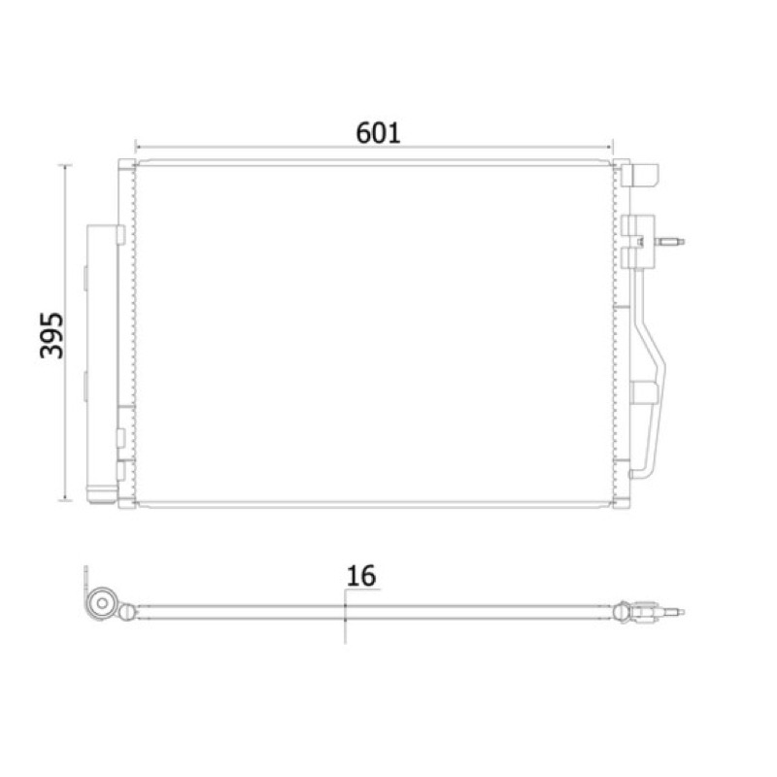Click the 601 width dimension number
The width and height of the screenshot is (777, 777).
tap(378, 133)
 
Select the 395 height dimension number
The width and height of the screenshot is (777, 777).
tap(51, 335)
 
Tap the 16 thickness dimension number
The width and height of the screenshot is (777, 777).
tap(360, 576)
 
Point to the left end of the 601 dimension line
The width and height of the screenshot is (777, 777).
tap(135, 148)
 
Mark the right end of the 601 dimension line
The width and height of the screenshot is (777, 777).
tap(613, 148)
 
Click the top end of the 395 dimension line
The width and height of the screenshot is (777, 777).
tap(65, 165)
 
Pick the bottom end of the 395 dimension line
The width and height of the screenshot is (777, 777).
tap(65, 500)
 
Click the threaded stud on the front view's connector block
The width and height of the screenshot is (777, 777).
tap(669, 242)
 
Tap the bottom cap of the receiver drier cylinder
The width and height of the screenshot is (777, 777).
tap(102, 496)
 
